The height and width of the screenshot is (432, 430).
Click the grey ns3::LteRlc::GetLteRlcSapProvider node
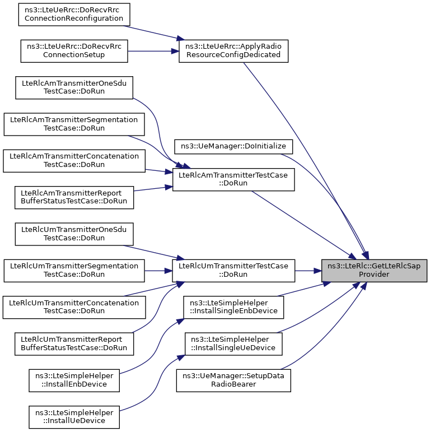[374, 271]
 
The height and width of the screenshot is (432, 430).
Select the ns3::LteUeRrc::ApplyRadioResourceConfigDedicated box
[233, 51]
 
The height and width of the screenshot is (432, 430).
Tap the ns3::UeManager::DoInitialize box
[233, 147]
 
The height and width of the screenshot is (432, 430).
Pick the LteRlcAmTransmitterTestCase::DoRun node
[233, 179]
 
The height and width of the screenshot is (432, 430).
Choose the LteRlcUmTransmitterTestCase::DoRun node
[233, 271]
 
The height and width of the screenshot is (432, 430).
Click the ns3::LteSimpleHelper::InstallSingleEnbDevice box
[233, 307]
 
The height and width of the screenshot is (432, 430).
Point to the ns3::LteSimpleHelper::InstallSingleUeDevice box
[233, 344]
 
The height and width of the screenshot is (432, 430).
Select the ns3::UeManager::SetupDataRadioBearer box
[233, 380]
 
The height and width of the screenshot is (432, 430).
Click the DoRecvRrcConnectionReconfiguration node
[74, 15]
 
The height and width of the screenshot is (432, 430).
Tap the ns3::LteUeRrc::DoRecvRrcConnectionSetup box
[74, 51]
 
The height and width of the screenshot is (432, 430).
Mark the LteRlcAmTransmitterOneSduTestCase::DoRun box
[74, 87]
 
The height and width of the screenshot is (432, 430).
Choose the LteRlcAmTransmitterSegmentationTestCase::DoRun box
[74, 124]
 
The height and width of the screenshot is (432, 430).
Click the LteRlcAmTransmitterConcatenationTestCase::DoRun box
[74, 161]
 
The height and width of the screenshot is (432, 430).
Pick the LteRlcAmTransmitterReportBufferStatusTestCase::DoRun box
[74, 198]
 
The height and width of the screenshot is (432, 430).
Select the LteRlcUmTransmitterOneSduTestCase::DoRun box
[74, 234]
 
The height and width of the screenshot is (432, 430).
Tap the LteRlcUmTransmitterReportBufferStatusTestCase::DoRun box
[74, 344]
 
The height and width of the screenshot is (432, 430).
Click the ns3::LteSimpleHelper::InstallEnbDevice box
[74, 380]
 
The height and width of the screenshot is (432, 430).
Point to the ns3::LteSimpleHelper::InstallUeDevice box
[74, 417]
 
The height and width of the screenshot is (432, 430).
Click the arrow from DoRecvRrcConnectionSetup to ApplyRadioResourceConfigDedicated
[153, 51]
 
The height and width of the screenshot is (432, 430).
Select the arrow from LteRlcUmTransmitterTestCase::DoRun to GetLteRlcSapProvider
[309, 271]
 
